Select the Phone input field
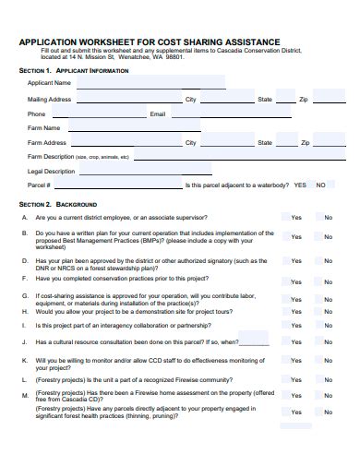tap(97, 114)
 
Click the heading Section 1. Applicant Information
tap(74, 70)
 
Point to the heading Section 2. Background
tap(58, 204)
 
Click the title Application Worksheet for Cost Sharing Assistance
tap(149, 42)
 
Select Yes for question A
tap(295, 218)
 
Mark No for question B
tap(328, 237)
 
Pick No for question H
tap(328, 326)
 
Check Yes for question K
tap(295, 364)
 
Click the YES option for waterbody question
tap(299, 185)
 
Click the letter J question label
tap(25, 341)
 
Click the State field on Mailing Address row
tap(286, 99)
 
